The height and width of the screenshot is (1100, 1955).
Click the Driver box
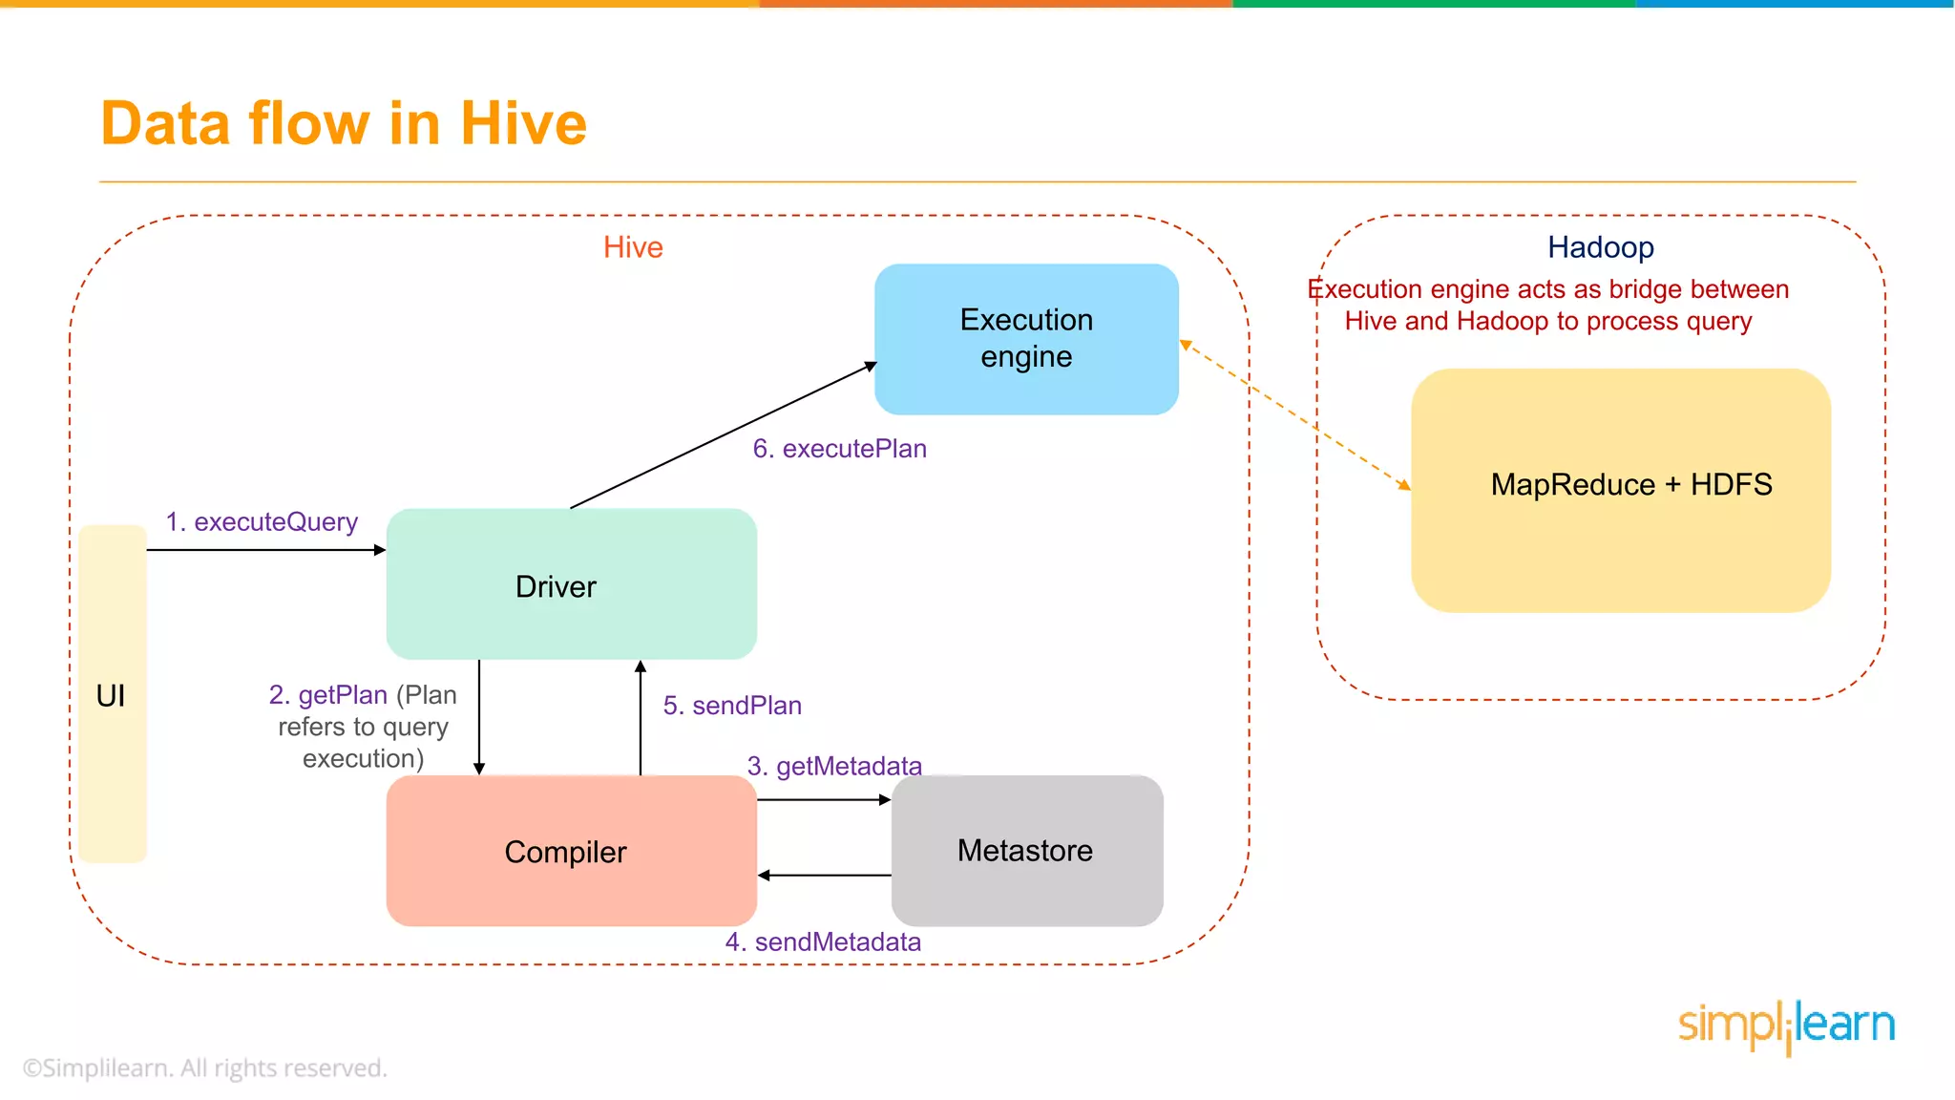click(x=571, y=584)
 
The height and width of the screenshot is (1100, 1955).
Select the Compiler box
click(x=571, y=851)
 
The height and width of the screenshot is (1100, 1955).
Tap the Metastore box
click(x=1026, y=850)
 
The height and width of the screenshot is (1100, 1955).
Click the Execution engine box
click(x=1026, y=338)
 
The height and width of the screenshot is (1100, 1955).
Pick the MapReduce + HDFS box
click(x=1620, y=490)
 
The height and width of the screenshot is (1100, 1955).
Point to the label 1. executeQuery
click(x=262, y=522)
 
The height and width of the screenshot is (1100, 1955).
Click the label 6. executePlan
click(x=839, y=449)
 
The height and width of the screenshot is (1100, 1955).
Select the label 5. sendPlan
click(x=732, y=706)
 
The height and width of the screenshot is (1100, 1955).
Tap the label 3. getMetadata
click(x=834, y=766)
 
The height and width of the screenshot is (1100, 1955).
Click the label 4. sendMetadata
click(x=823, y=942)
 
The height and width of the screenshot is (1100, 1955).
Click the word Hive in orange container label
click(x=633, y=247)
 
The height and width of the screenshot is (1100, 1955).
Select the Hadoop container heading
click(x=1600, y=247)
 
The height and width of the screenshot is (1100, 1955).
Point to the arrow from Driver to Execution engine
click(x=723, y=435)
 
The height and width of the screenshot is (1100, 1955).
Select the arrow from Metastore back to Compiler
click(x=825, y=875)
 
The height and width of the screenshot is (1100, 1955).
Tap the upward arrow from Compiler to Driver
click(x=641, y=717)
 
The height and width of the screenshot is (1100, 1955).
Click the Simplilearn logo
click(x=1785, y=1026)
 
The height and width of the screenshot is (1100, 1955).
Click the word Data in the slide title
click(x=166, y=124)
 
